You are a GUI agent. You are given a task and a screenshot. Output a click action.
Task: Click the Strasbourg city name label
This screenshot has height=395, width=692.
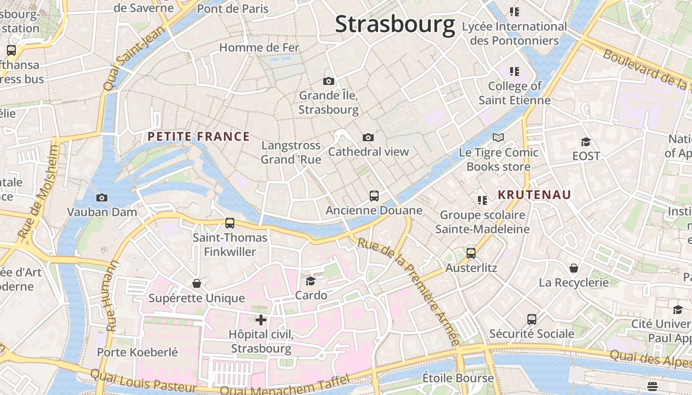click(x=394, y=24)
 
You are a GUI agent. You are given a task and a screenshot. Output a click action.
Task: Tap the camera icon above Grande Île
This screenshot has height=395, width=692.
click(x=328, y=81)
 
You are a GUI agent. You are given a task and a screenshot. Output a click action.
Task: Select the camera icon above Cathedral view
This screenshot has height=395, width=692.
click(x=368, y=137)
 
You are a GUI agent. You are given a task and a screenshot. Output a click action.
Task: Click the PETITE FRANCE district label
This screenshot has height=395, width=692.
click(x=199, y=137)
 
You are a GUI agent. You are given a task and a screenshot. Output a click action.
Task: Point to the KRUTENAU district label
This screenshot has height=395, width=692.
click(x=534, y=195)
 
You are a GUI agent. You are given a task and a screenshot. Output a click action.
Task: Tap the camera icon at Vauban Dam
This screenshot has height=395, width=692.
click(x=101, y=197)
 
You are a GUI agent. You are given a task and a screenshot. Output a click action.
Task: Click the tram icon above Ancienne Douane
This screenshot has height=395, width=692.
click(x=374, y=196)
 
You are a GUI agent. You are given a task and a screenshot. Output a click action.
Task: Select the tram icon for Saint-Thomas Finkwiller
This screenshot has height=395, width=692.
click(x=229, y=223)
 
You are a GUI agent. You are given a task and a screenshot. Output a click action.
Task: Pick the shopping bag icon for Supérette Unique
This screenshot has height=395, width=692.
click(x=196, y=283)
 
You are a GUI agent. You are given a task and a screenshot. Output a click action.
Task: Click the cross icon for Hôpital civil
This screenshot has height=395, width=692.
click(x=260, y=319)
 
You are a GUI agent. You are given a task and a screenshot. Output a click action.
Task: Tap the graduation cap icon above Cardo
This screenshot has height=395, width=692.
click(x=310, y=281)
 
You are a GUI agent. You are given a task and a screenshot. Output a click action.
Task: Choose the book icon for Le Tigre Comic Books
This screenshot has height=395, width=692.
click(x=498, y=138)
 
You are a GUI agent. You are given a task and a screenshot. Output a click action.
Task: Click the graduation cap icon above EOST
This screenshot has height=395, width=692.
click(x=586, y=142)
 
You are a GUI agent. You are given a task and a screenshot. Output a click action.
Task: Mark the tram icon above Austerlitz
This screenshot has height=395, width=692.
click(x=471, y=253)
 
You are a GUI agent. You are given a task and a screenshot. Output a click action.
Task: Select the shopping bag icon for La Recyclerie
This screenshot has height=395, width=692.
click(x=573, y=268)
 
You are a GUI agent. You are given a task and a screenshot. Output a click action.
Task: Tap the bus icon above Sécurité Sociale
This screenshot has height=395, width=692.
click(x=531, y=319)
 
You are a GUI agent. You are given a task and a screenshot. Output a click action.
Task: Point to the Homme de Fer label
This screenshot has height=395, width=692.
click(x=259, y=47)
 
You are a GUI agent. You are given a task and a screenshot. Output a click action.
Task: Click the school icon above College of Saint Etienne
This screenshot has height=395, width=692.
click(x=514, y=72)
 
